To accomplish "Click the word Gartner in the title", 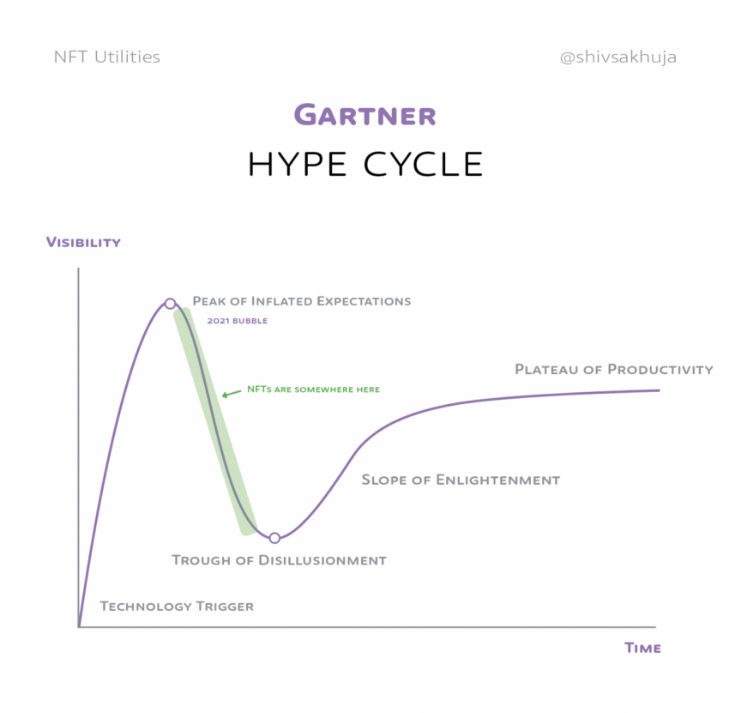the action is click(365, 115).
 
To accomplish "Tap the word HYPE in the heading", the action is click(298, 164).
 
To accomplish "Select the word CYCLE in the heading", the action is click(423, 164).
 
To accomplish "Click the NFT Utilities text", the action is click(107, 57).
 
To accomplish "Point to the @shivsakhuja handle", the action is click(618, 57).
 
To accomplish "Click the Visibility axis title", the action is click(83, 242).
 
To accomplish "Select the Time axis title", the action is click(642, 648).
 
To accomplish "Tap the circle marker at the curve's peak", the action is click(170, 304).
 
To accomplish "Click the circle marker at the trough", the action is click(274, 538).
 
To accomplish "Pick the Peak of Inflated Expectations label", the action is click(302, 301).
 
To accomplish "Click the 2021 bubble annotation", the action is click(237, 321).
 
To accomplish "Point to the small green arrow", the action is click(231, 394).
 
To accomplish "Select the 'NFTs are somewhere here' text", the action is click(313, 390).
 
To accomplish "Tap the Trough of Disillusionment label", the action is click(279, 560).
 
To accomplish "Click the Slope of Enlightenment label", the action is click(461, 480).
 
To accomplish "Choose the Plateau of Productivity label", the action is click(614, 369).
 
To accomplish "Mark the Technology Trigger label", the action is click(177, 606).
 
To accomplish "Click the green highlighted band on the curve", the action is click(214, 421).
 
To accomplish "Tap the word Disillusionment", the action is click(322, 560).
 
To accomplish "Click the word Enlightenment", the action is click(498, 480).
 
